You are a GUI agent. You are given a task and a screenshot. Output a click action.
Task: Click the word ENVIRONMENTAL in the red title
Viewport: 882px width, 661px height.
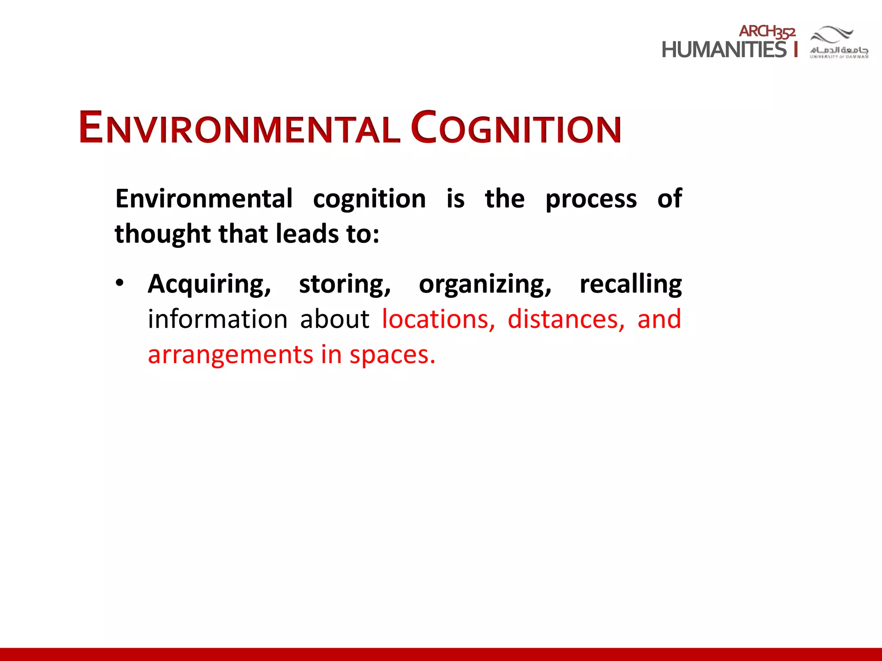[239, 128]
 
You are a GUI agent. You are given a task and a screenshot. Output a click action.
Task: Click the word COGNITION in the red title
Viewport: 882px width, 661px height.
[516, 128]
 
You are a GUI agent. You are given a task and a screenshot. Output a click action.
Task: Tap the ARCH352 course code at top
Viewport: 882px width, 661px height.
[767, 31]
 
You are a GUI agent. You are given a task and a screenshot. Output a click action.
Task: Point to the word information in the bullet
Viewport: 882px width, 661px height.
[217, 320]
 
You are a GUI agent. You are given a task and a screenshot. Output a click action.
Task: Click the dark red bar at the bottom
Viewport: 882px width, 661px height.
[441, 654]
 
